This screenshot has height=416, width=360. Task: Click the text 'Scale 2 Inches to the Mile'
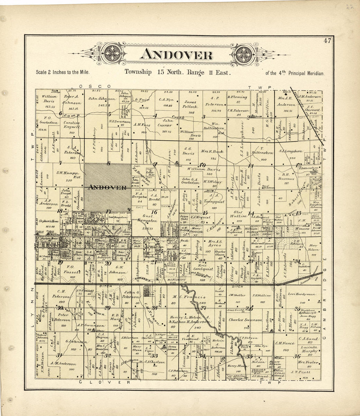point(62,73)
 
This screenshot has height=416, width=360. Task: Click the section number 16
point(154,212)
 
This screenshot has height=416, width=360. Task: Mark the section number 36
point(297,357)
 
